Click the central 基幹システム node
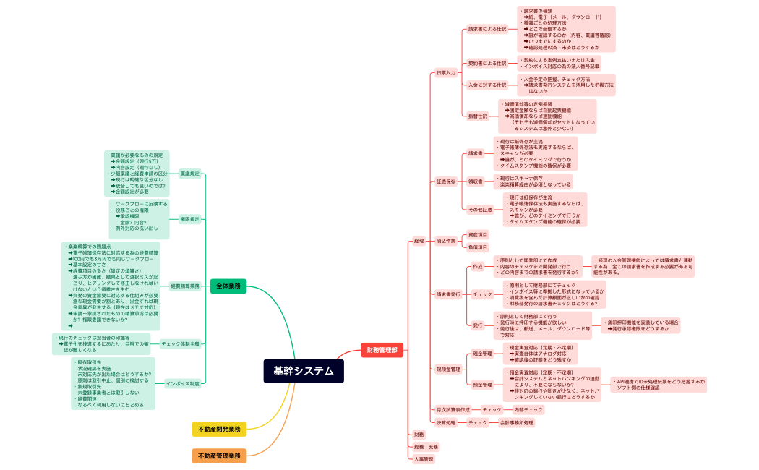coord(304,371)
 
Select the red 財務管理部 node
coord(382,351)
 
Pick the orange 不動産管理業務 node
coord(219,456)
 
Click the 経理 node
coord(419,241)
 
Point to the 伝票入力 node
coord(446,73)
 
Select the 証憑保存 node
coord(446,181)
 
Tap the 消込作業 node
coord(446,241)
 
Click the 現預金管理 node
coord(448,369)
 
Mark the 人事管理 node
coord(424,459)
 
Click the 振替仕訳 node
coord(478,116)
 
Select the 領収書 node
coord(475,181)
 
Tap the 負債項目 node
coord(478,247)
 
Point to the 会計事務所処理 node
coord(517,422)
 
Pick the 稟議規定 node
coord(189,174)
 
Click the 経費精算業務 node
coord(185,286)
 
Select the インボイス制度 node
coord(183,383)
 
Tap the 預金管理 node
coord(482,385)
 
